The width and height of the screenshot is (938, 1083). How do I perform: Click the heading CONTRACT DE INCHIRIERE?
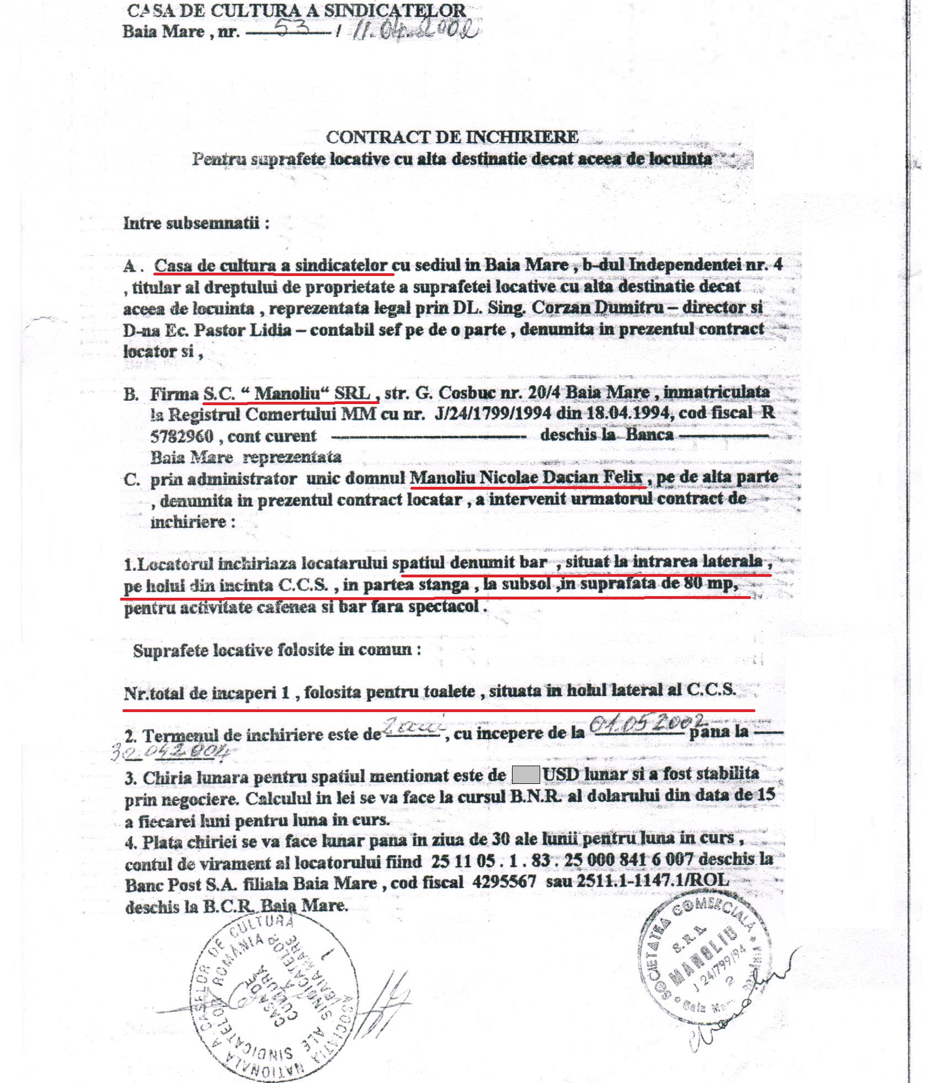point(452,137)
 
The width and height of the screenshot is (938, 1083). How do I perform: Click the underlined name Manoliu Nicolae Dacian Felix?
point(526,477)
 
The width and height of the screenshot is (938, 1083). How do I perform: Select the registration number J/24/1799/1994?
point(493,413)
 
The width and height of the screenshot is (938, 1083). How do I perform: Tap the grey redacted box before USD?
point(525,775)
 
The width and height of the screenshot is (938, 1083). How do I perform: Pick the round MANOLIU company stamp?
point(703,960)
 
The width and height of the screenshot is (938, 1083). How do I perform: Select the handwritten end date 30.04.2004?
point(170,752)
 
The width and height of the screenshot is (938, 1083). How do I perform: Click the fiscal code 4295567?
point(504,882)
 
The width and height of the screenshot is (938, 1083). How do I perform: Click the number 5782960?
point(182,437)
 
